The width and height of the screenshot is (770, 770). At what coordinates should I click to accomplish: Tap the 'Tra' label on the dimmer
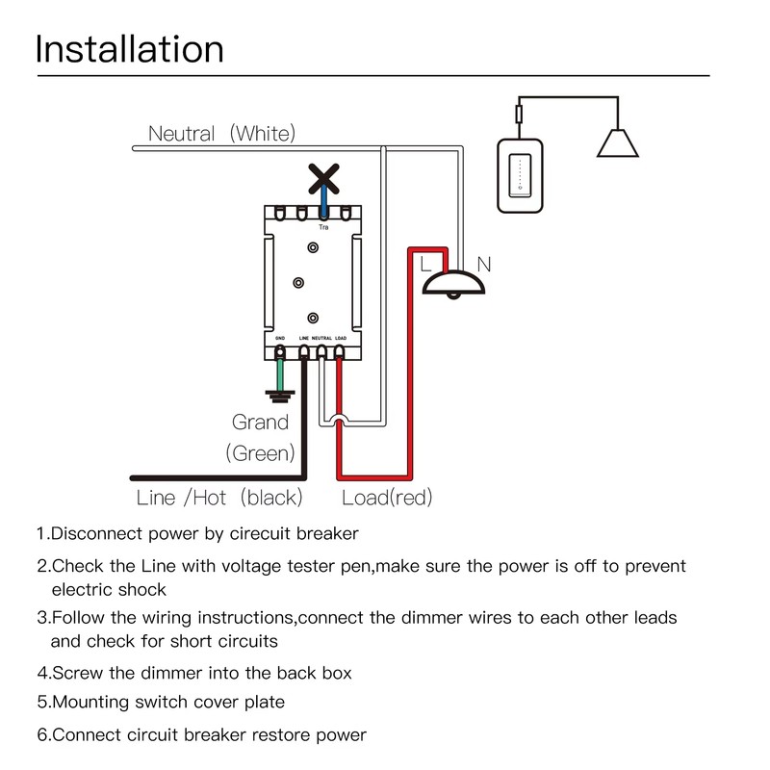324,227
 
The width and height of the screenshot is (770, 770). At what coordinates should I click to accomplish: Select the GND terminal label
280,339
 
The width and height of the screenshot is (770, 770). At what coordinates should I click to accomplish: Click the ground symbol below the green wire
280,394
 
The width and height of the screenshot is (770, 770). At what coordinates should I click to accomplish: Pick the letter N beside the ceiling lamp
484,262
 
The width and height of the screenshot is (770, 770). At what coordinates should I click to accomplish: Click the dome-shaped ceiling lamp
454,282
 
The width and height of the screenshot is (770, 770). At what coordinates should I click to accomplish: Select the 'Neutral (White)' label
221,133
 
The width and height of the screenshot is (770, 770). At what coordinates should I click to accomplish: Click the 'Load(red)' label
387,498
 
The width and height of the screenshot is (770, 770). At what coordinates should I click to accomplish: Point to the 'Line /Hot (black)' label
219,498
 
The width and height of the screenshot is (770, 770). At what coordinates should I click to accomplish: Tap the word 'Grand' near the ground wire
260,422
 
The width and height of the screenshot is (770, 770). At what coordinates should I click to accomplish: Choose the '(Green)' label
260,452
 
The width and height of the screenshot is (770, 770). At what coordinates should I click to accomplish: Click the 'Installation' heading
129,49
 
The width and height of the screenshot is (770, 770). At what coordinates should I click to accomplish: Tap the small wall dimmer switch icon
521,175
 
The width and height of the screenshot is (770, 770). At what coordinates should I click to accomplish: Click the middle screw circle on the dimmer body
298,283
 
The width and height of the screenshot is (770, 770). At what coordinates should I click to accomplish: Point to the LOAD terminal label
341,339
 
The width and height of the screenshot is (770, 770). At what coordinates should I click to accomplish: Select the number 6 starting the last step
42,735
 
